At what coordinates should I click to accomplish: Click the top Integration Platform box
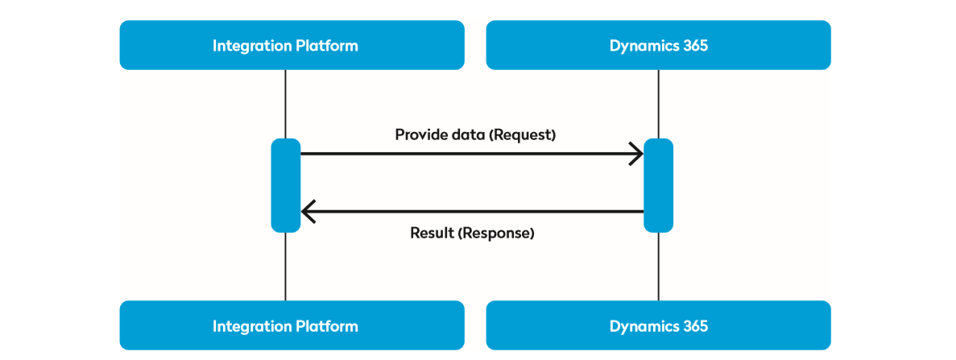click(292, 45)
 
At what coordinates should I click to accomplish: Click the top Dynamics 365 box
click(658, 45)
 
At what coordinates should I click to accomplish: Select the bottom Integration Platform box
click(292, 325)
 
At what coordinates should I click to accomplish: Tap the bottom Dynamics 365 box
click(658, 325)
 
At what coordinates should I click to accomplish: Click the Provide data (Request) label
click(475, 134)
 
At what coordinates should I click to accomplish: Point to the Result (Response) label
click(472, 234)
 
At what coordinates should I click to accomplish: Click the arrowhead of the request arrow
click(637, 153)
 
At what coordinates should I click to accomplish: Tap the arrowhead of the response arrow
click(308, 212)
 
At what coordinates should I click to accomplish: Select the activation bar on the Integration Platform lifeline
click(285, 185)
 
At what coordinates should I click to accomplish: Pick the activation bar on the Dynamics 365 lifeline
click(658, 185)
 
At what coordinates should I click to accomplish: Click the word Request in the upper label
click(523, 134)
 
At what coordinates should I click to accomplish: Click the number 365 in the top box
click(693, 45)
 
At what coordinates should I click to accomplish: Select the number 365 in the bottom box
click(693, 325)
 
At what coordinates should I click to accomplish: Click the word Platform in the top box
click(329, 45)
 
